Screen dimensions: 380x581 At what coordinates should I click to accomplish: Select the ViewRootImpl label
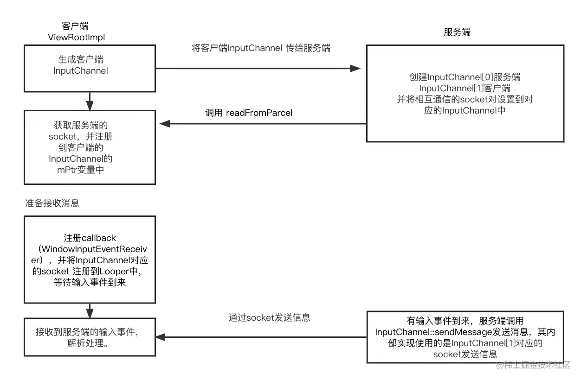click(x=77, y=38)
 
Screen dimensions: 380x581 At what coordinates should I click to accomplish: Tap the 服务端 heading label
click(x=457, y=32)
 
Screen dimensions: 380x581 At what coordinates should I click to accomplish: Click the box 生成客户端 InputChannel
click(x=90, y=68)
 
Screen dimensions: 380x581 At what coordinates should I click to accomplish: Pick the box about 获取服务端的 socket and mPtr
click(x=90, y=147)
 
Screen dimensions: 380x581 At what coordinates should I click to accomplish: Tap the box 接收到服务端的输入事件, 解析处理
click(x=90, y=337)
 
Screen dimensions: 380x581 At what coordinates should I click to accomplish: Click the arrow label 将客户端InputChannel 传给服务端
click(x=261, y=48)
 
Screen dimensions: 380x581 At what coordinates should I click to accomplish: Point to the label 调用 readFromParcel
click(x=249, y=113)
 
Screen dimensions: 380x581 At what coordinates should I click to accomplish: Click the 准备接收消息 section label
click(x=52, y=203)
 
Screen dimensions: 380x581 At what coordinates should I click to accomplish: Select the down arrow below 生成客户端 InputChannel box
click(x=90, y=100)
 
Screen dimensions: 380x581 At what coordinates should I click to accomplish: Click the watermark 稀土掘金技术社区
click(x=534, y=366)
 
